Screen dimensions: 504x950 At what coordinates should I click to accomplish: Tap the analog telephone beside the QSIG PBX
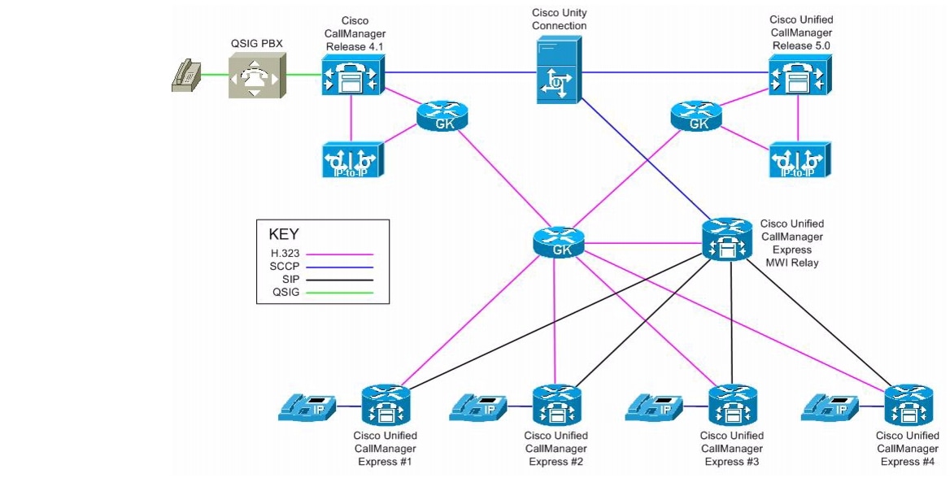point(187,76)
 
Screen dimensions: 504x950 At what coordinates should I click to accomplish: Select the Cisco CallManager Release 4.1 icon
point(351,76)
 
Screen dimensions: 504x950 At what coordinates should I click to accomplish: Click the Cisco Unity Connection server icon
point(559,73)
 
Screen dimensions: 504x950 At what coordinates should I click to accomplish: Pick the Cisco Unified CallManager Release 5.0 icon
point(800,76)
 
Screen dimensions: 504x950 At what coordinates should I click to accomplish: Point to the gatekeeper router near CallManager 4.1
point(443,117)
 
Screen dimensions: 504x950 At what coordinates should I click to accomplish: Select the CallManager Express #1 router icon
point(385,405)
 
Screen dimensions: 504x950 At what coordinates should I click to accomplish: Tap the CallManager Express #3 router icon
point(732,405)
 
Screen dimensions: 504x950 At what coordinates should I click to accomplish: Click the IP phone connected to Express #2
point(480,407)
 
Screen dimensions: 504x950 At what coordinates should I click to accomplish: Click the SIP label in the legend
point(279,279)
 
